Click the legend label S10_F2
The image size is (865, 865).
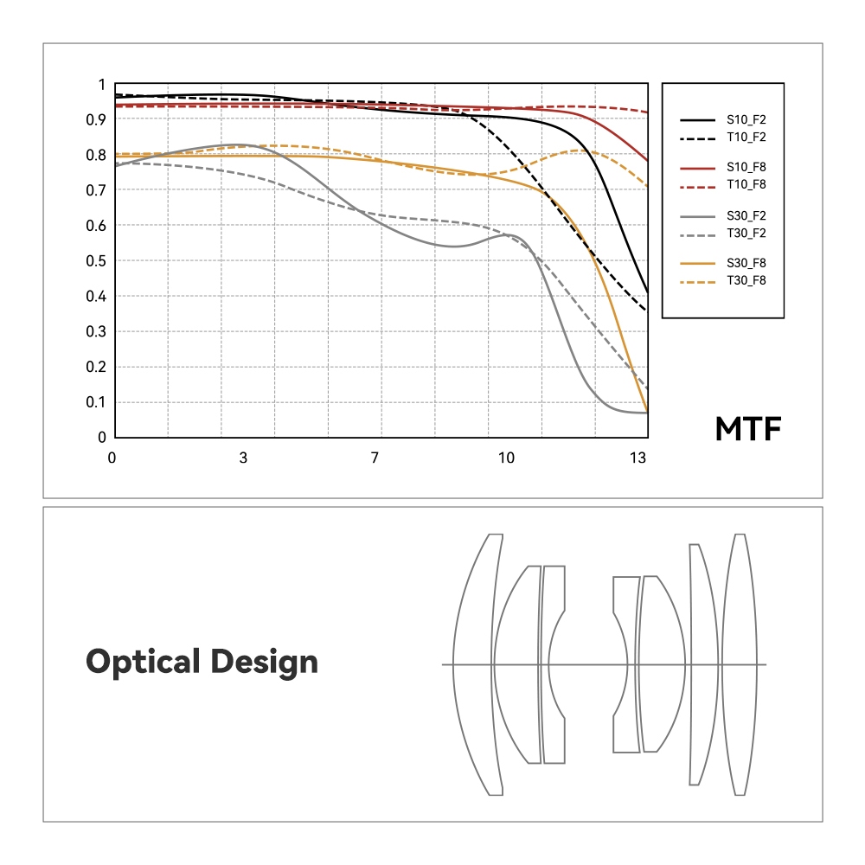click(x=746, y=120)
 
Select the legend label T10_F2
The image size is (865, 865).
click(x=746, y=137)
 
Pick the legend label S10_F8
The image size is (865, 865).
click(x=746, y=168)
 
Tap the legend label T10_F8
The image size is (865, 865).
click(x=746, y=184)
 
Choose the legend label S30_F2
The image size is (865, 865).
click(x=746, y=215)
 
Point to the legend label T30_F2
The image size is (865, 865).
click(x=746, y=232)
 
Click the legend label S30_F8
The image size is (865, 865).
click(x=746, y=263)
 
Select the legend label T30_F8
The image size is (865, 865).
click(x=746, y=279)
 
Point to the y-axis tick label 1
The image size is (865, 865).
click(x=101, y=85)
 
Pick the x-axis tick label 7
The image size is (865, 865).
click(x=375, y=458)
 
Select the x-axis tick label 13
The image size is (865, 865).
click(x=638, y=458)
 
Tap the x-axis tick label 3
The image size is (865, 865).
click(x=244, y=458)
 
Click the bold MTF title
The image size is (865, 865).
click(x=748, y=430)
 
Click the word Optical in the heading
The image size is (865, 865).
click(x=143, y=663)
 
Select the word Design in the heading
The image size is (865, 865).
click(x=263, y=663)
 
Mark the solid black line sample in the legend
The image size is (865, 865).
click(x=698, y=120)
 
